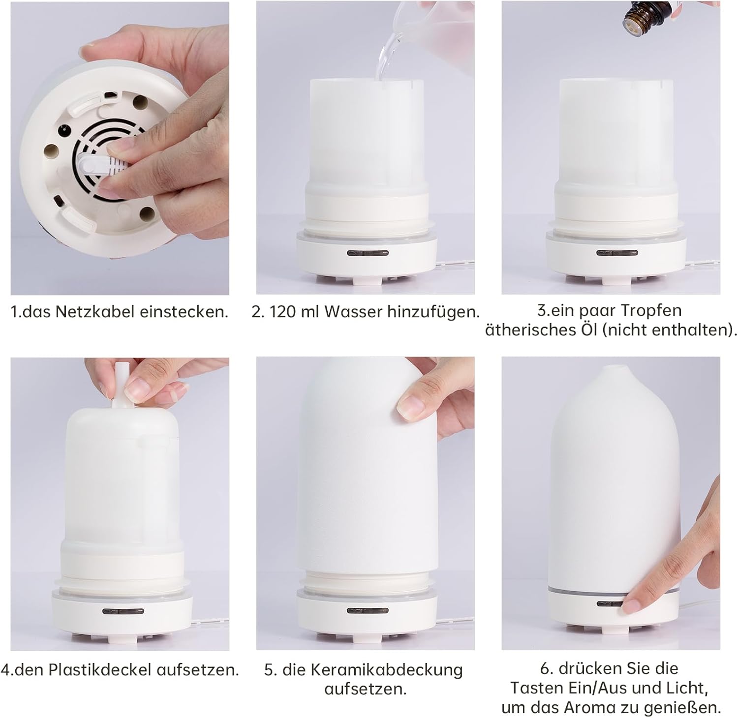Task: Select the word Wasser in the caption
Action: (x=353, y=312)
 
